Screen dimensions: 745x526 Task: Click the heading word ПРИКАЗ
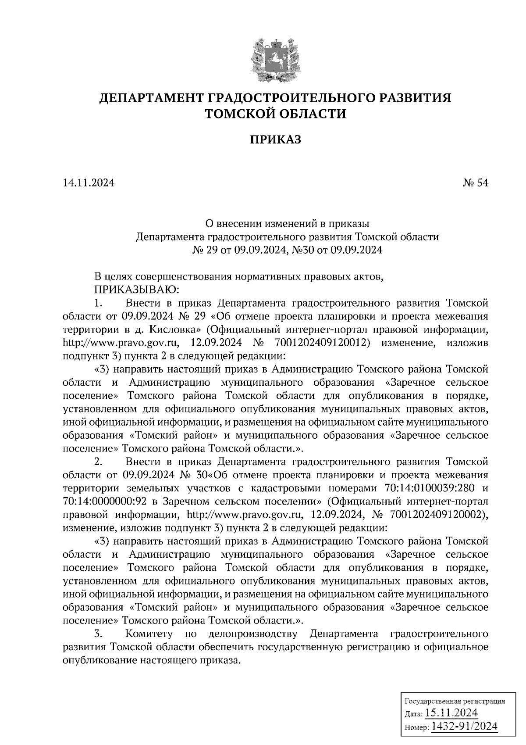276,140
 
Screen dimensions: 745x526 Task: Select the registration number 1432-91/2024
464,726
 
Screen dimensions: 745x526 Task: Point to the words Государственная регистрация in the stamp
454,701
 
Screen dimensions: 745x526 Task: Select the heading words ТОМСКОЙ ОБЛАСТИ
276,114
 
